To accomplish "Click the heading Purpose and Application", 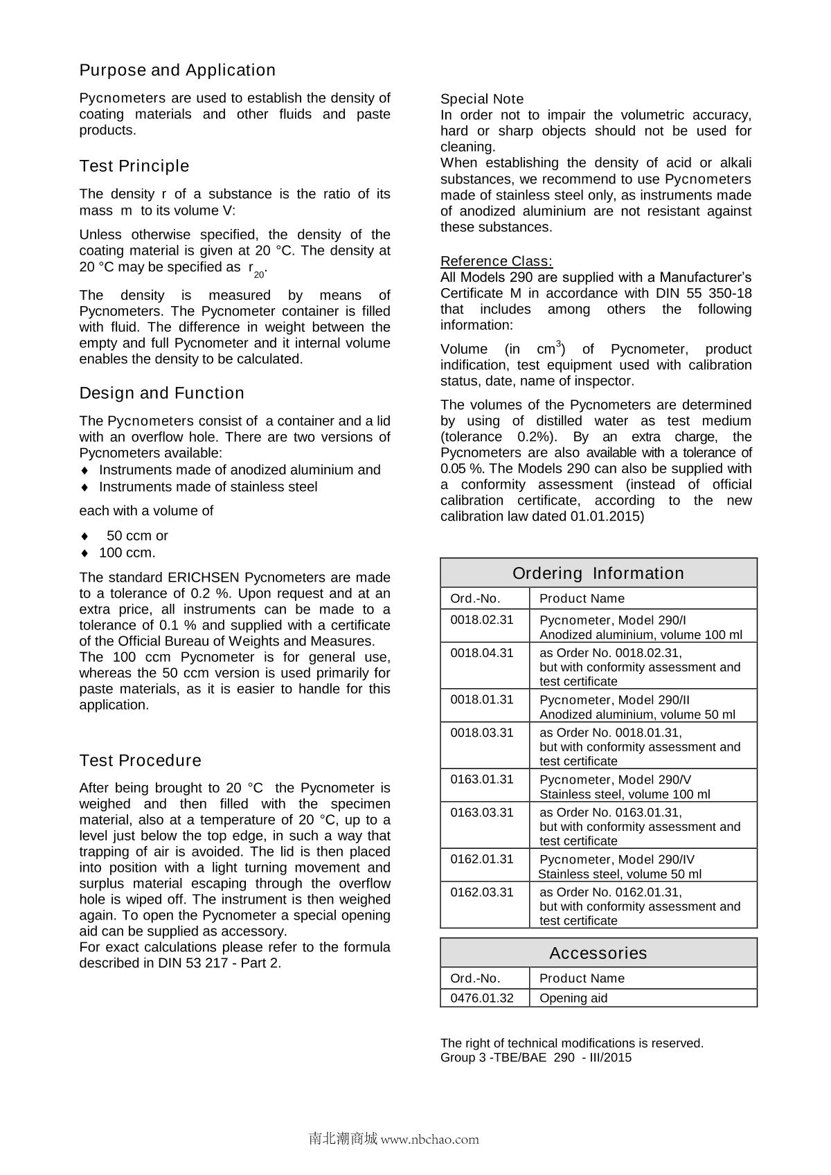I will [177, 70].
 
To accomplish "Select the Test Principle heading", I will [134, 166].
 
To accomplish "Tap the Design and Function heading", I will [162, 393].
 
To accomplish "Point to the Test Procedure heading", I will [141, 760].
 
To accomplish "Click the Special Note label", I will [482, 99].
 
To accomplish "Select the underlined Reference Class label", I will [497, 261].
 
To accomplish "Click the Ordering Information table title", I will [598, 573].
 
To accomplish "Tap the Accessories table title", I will [598, 953].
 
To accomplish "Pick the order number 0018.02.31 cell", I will [482, 620].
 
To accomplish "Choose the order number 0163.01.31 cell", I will [482, 780].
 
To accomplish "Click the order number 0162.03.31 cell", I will [482, 893].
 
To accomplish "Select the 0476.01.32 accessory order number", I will [482, 998].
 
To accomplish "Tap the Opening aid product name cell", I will [573, 998].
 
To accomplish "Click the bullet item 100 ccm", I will [127, 553].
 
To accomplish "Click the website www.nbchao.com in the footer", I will [430, 1139].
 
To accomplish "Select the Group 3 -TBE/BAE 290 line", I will [536, 1057].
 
